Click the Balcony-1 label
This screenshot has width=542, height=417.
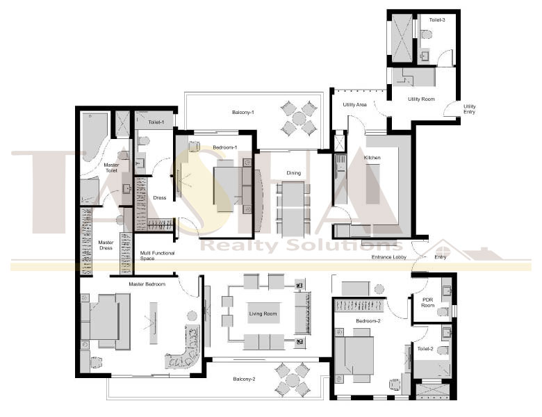tap(243, 113)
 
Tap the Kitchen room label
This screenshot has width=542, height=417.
tap(372, 157)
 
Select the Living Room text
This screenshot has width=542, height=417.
tap(263, 313)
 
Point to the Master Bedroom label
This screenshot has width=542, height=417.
tap(147, 284)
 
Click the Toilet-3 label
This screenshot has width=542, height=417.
tap(437, 19)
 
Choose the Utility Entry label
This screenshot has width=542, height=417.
tap(470, 109)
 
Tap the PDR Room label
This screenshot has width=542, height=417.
tap(427, 302)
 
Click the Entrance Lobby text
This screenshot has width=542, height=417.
tap(389, 257)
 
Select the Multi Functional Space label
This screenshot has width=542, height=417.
tap(157, 256)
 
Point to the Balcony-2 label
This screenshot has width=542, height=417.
tap(244, 379)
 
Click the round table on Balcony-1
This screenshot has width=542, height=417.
tap(299, 119)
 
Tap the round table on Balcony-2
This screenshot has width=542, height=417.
tap(293, 380)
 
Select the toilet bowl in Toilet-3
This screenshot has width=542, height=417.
tap(426, 35)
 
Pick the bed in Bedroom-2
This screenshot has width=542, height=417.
tap(354, 355)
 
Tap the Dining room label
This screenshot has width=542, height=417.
tap(293, 173)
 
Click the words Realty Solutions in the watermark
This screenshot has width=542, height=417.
tap(302, 245)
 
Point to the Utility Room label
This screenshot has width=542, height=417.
tap(421, 99)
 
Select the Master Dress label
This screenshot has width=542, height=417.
tap(106, 245)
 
